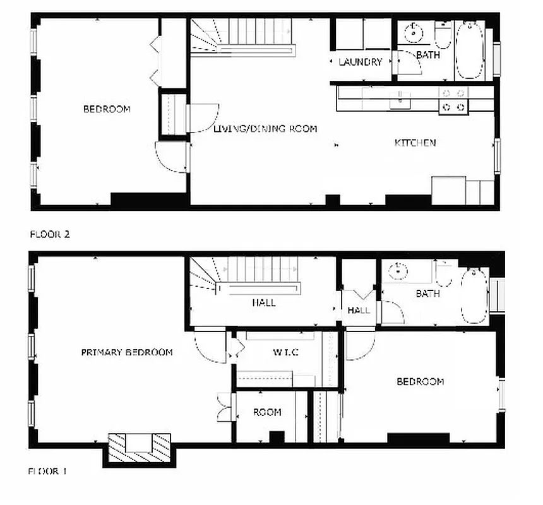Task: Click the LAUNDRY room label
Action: (x=360, y=62)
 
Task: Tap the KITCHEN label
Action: (x=415, y=143)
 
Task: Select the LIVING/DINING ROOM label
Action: (x=265, y=129)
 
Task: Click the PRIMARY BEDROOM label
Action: (x=126, y=352)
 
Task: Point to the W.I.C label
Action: (x=281, y=352)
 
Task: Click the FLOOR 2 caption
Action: (x=50, y=234)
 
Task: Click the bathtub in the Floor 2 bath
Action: (x=469, y=50)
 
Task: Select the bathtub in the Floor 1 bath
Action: (x=474, y=295)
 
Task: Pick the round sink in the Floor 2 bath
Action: (x=414, y=30)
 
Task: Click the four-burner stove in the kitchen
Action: (x=454, y=100)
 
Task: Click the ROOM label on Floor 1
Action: (x=267, y=412)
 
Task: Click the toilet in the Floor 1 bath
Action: (x=445, y=275)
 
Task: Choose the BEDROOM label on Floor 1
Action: (x=420, y=381)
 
